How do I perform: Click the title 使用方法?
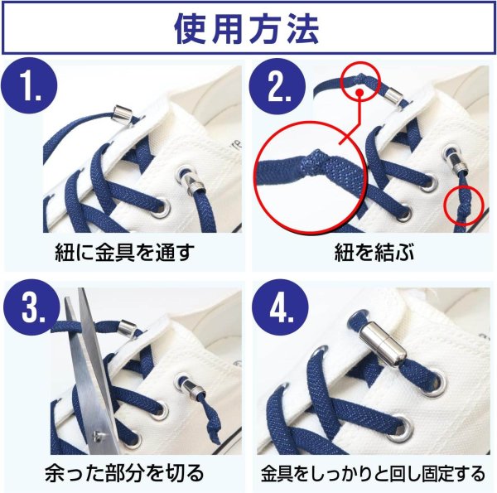pos(248,29)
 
